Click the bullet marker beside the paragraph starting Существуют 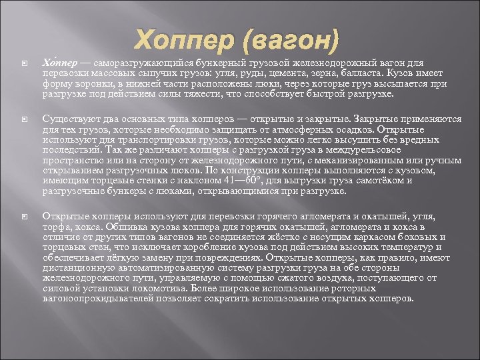click(x=24, y=119)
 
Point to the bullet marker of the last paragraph click(x=24, y=216)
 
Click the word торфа click(x=55, y=227)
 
